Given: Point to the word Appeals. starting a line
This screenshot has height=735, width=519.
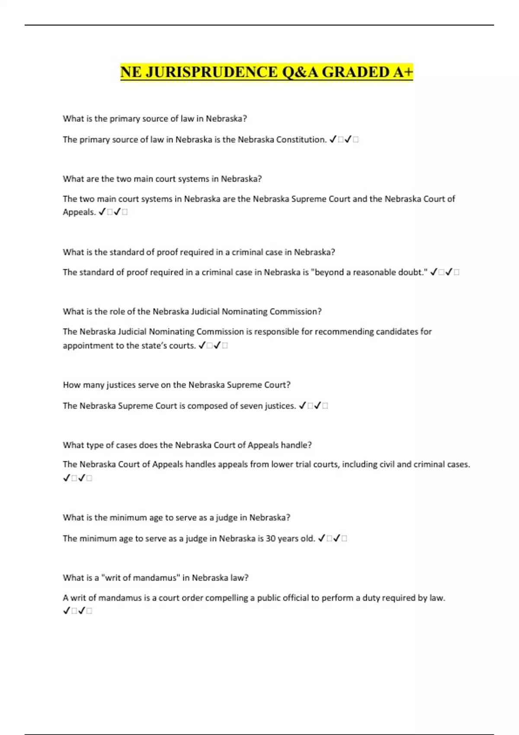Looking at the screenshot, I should (79, 212).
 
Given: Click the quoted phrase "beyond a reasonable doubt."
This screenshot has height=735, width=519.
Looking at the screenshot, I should (369, 272).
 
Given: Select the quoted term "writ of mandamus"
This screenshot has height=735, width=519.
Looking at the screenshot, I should (140, 578).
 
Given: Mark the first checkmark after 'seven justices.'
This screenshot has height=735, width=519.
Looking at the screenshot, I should (303, 406).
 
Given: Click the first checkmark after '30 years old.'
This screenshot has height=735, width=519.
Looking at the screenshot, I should (322, 539).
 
